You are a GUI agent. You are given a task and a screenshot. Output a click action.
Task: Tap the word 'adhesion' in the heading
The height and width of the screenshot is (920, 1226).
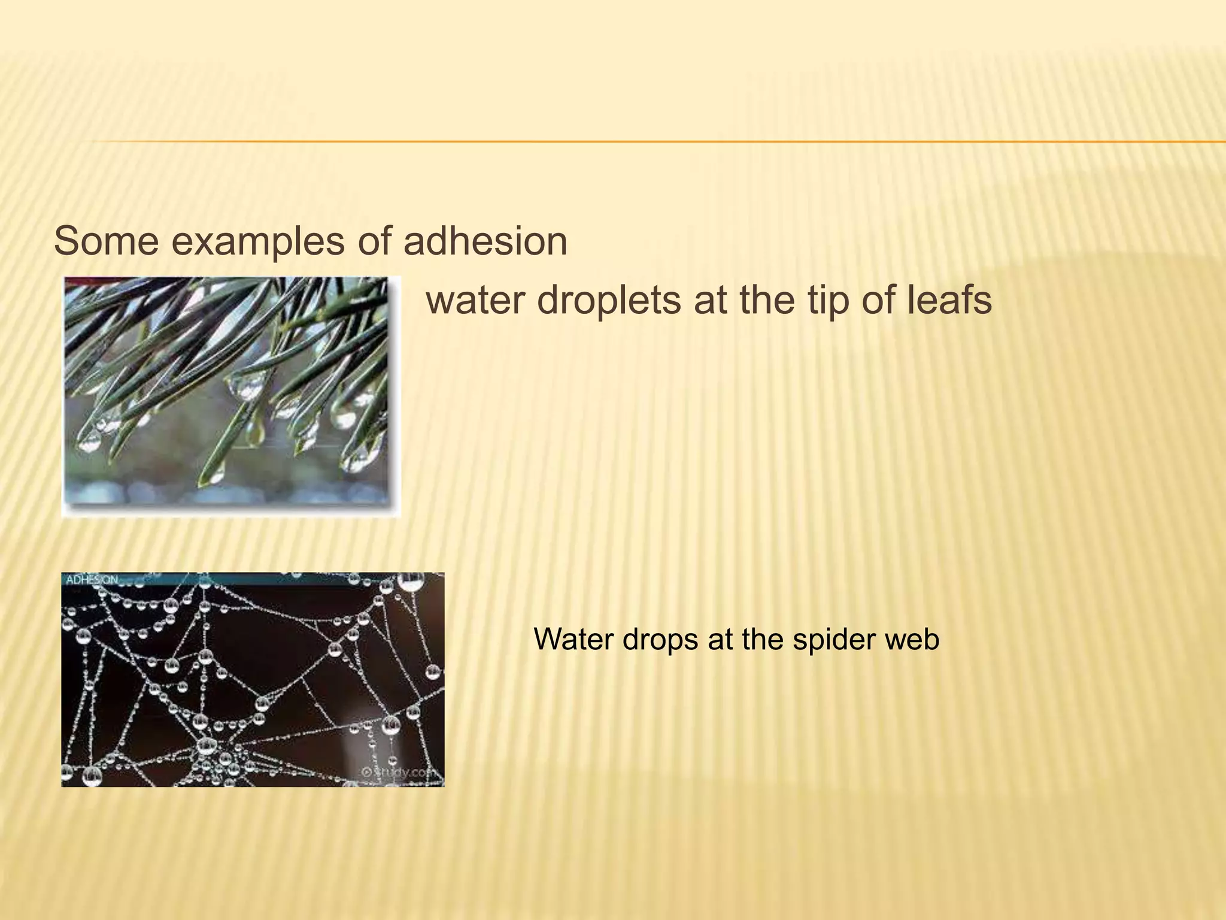click(x=485, y=241)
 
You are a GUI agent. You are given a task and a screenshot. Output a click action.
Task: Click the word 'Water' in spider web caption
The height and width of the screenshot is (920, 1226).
click(x=573, y=639)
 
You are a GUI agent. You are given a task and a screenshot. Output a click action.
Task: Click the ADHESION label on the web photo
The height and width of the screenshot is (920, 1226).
click(x=92, y=580)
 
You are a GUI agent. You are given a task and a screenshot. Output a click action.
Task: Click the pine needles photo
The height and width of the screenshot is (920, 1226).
click(x=230, y=395)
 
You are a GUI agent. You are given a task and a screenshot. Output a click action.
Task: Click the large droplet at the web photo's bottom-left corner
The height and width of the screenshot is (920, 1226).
click(x=92, y=776)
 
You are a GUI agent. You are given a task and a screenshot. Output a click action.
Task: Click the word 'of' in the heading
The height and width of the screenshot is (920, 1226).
click(x=374, y=241)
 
